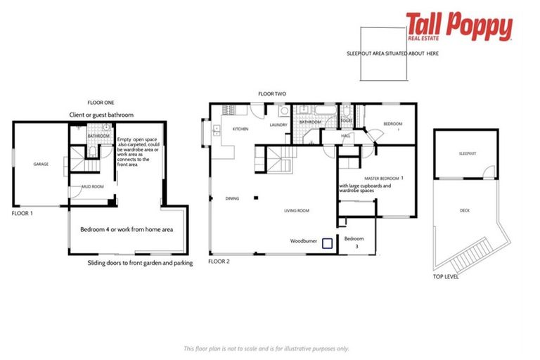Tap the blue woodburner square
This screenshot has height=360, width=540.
click(x=327, y=244)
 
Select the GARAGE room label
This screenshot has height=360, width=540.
click(x=41, y=165)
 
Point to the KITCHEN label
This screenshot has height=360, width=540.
click(x=240, y=129)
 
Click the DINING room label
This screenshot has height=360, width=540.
click(x=233, y=198)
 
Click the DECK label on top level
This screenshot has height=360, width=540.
click(x=465, y=210)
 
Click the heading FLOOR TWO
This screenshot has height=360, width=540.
click(x=271, y=94)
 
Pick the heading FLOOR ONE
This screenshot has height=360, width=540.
click(x=100, y=102)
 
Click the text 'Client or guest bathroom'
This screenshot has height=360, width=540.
click(x=101, y=115)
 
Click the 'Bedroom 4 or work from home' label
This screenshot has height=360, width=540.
click(x=127, y=230)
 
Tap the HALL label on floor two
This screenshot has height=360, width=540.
click(x=345, y=136)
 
